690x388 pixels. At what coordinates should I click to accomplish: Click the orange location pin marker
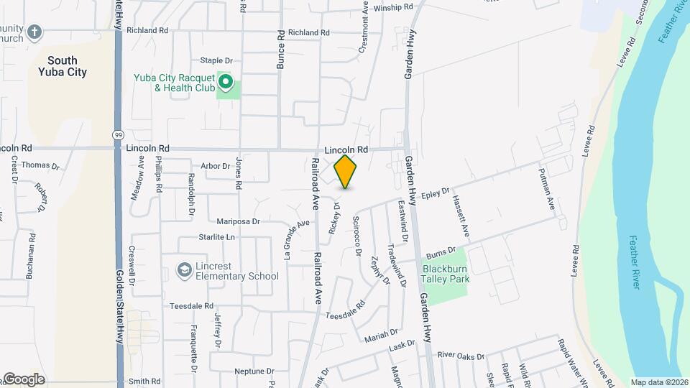(x=345, y=172)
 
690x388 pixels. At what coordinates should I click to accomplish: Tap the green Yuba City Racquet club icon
(x=227, y=83)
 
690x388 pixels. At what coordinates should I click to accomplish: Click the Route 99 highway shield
(x=116, y=134)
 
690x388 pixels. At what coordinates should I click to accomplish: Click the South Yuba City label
(x=63, y=66)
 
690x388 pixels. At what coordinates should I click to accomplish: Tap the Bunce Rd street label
(x=280, y=50)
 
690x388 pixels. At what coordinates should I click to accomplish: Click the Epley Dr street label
(x=435, y=194)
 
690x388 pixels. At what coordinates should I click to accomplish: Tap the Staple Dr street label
(x=216, y=60)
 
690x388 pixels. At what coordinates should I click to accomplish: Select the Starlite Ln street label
(x=216, y=237)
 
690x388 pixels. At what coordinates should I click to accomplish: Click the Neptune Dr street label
(x=254, y=371)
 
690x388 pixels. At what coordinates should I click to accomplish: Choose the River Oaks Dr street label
(x=461, y=355)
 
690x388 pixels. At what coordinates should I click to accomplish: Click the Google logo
(x=23, y=379)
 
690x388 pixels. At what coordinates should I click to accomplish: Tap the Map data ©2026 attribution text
(x=659, y=382)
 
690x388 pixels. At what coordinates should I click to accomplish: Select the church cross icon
(x=35, y=32)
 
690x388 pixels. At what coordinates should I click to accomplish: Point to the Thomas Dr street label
(x=40, y=165)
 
